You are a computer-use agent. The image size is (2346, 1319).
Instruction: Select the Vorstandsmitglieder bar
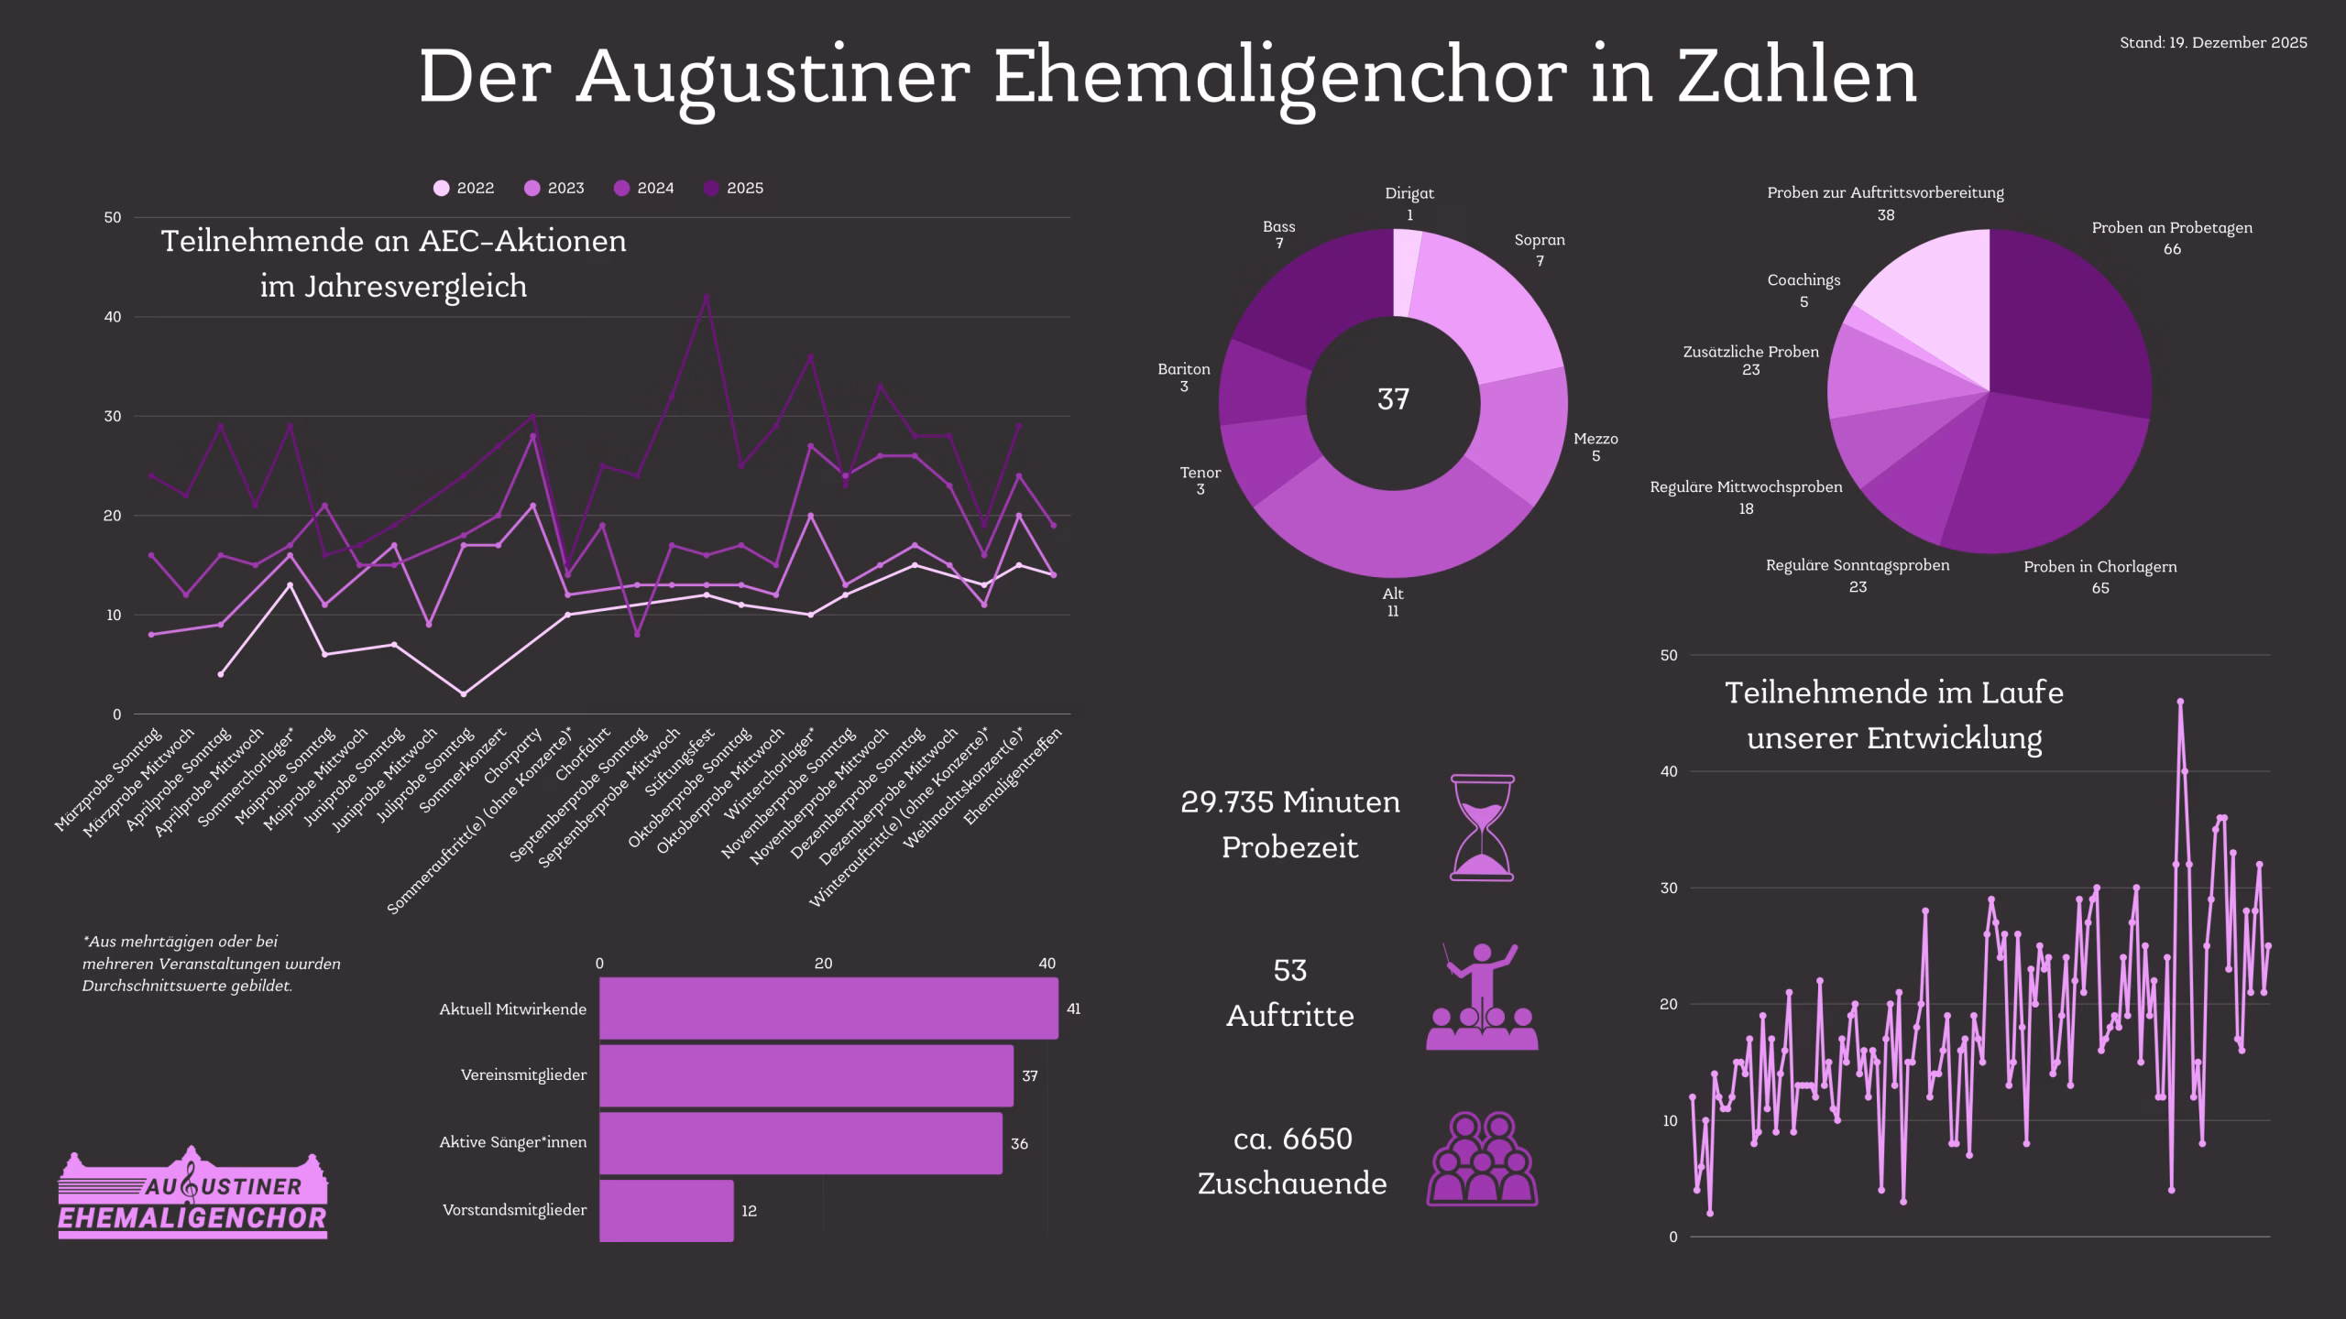pos(666,1210)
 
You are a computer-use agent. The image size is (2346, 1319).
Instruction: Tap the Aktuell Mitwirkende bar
pos(828,1008)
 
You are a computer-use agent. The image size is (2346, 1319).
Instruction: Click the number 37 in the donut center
pos(1393,399)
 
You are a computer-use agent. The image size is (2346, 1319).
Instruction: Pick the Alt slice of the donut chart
pos(1393,536)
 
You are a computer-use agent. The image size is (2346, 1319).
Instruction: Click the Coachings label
pos(1803,280)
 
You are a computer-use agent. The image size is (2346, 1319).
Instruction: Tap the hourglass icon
pos(1482,828)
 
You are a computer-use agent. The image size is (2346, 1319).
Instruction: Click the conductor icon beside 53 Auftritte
pos(1482,997)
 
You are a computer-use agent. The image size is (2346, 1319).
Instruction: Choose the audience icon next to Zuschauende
pos(1482,1159)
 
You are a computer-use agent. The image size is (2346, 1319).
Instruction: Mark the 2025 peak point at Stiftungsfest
pos(706,297)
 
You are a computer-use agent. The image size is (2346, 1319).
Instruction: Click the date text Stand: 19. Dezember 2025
pos(2213,43)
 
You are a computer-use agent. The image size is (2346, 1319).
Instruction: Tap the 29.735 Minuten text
pos(1289,802)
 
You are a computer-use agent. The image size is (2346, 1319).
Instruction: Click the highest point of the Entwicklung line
pos(2180,702)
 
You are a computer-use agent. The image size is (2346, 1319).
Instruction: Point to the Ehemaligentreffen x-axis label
pos(1014,775)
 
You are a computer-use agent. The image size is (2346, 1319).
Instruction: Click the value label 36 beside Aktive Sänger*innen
pos(1019,1144)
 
